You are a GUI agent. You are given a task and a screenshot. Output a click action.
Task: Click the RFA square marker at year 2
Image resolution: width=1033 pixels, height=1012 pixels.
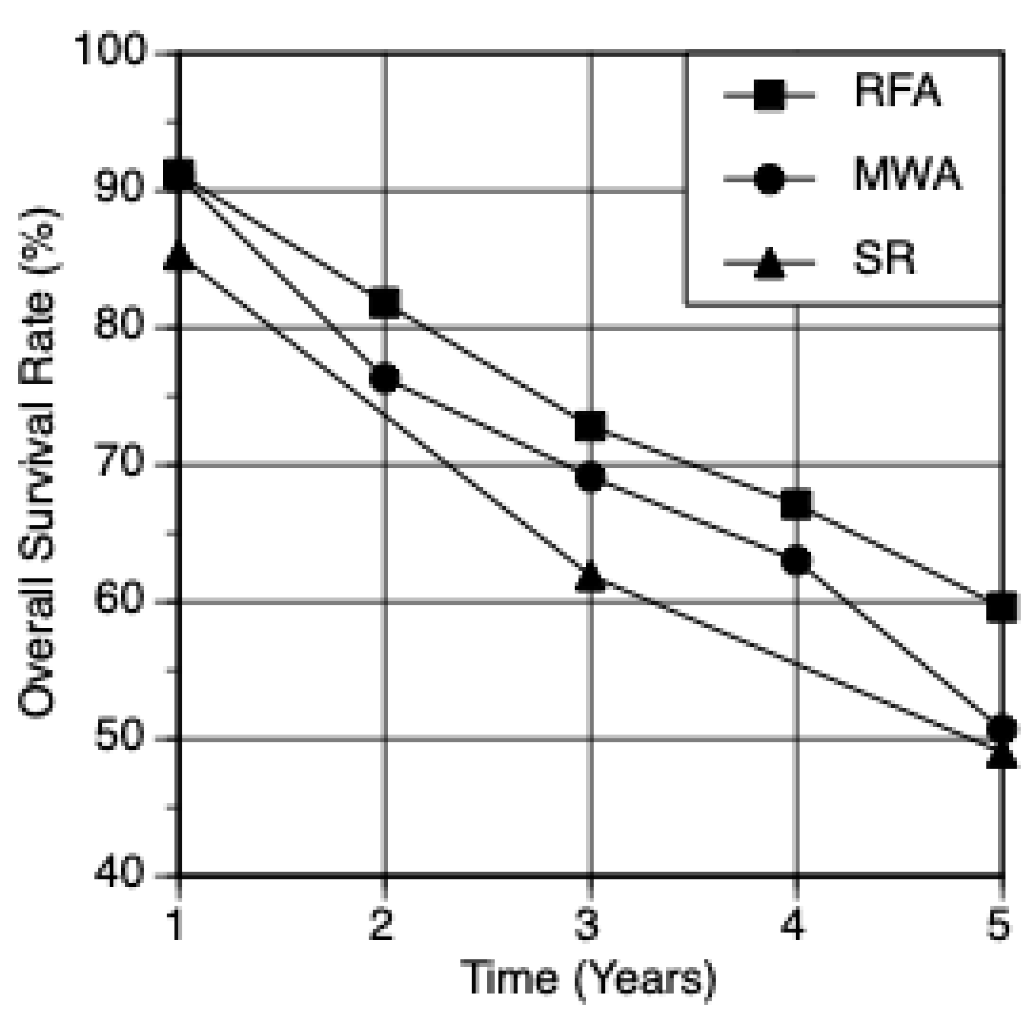click(384, 303)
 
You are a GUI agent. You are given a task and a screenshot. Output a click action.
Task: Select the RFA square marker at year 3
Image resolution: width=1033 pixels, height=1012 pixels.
click(590, 425)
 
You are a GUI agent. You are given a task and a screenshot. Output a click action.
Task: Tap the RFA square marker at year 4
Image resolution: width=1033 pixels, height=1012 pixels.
click(796, 504)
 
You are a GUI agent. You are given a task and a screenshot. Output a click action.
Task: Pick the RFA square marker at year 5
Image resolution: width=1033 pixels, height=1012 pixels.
click(1001, 606)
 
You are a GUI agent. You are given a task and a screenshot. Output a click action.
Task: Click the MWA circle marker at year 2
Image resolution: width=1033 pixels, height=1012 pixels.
click(385, 378)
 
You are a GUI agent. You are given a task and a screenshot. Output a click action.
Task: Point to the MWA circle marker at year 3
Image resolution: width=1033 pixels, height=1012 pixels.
click(590, 477)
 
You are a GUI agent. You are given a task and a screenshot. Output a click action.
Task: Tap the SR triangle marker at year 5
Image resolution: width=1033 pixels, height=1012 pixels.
click(1001, 755)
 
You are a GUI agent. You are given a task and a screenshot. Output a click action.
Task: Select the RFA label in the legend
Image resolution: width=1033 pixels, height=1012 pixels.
click(897, 91)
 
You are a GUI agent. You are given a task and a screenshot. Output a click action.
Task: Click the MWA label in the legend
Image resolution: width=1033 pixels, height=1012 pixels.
click(907, 175)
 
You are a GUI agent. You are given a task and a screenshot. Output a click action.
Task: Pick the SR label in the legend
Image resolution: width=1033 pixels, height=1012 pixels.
click(884, 259)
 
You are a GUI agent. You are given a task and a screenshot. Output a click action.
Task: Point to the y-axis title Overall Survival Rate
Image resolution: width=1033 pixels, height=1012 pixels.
click(38, 462)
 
